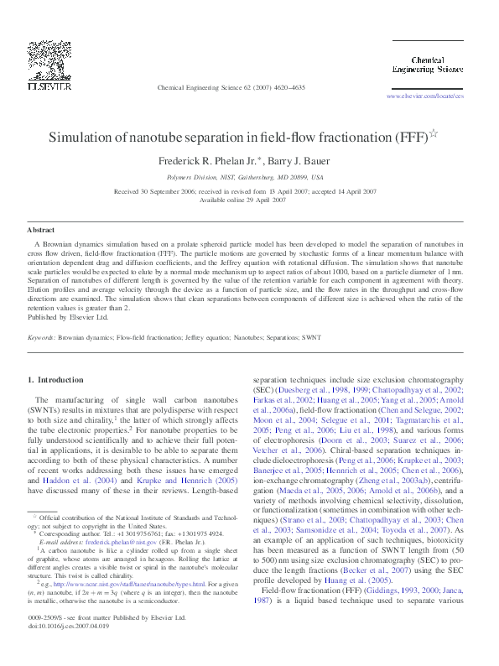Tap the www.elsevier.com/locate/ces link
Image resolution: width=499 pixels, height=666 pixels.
pyautogui.click(x=424, y=96)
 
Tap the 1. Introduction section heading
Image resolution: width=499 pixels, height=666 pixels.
pyautogui.click(x=55, y=380)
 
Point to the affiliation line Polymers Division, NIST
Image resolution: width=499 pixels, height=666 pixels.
pyautogui.click(x=245, y=178)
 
